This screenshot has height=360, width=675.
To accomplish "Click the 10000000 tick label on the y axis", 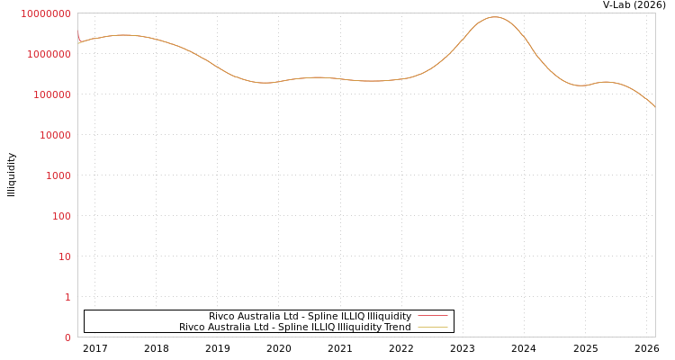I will pos(45,13).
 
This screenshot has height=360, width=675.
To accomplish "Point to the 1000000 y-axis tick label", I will pos(48,54).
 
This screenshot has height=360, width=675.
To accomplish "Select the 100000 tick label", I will pos(50,94).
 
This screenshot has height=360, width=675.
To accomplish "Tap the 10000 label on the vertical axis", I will pos(53,135).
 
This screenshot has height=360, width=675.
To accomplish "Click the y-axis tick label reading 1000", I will pos(57,175).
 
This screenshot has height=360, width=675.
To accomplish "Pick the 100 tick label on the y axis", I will pos(60,216).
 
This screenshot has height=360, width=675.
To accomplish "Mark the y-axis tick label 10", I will pos(64,256).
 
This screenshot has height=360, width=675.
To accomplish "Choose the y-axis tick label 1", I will pos(67,297).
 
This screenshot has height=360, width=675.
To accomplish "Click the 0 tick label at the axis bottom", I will pos(67,337).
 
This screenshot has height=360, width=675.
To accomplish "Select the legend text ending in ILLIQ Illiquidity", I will pos(310,316).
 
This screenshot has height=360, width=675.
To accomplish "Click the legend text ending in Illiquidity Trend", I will pos(294,327).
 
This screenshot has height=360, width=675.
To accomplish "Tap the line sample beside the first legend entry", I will pos(433,316).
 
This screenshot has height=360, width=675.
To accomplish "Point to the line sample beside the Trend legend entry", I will pos(433,327).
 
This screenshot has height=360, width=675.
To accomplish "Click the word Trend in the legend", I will pos(397,327).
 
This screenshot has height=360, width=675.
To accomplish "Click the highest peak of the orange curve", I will pos(494,16).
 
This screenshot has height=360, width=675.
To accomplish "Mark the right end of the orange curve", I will pos(654,107).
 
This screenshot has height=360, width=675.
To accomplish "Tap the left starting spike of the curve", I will pos(77,31).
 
